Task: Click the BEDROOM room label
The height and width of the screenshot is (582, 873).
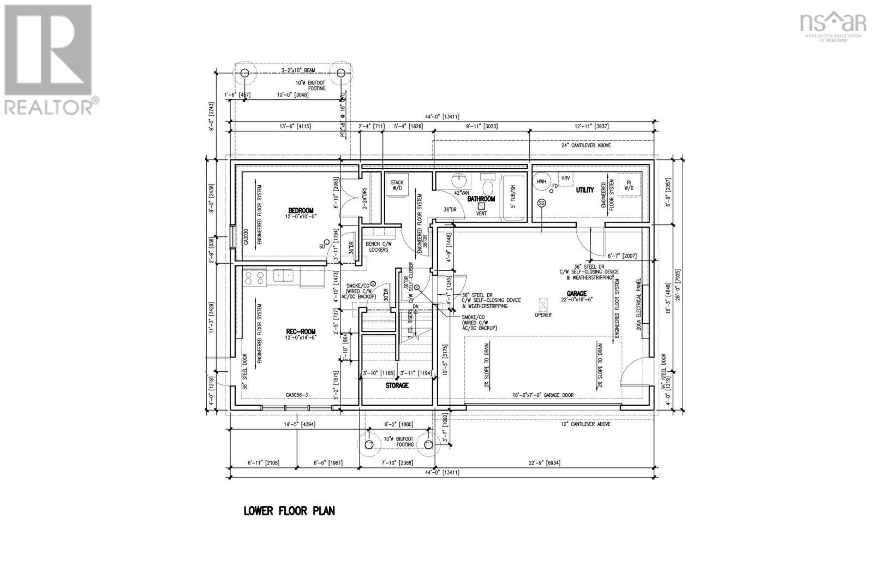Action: click(x=301, y=210)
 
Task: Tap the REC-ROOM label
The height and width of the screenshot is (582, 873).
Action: click(x=301, y=331)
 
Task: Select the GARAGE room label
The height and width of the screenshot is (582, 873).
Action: click(x=576, y=294)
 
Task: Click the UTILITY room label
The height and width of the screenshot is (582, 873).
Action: click(x=585, y=190)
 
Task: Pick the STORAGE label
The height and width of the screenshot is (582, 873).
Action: click(x=397, y=385)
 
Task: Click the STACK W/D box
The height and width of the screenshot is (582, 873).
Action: click(x=397, y=186)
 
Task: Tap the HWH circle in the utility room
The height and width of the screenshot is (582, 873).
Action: click(x=541, y=181)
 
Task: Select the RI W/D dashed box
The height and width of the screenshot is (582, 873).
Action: click(x=629, y=186)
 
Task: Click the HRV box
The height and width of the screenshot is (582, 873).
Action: click(x=565, y=178)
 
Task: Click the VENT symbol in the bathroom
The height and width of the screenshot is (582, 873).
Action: click(x=481, y=206)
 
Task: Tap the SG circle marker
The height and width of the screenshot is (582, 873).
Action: click(x=541, y=203)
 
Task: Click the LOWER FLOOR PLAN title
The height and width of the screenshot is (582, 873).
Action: click(x=289, y=511)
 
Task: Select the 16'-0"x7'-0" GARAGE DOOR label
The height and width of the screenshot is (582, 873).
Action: click(x=542, y=395)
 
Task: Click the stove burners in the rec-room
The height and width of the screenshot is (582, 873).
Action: click(x=254, y=278)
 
